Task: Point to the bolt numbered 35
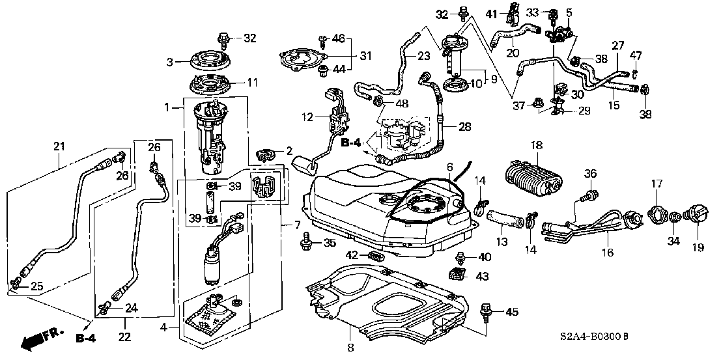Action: pos(305,242)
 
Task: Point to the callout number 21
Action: pos(59,146)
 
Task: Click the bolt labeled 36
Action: pos(587,196)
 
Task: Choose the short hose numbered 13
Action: pos(505,218)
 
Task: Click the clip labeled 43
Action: pos(456,273)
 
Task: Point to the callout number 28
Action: pos(464,126)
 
